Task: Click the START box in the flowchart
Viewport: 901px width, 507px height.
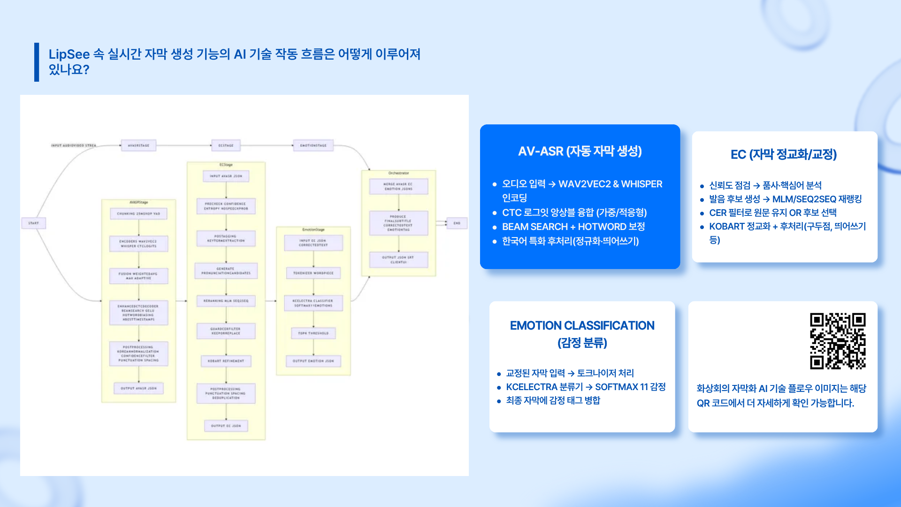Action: (x=33, y=223)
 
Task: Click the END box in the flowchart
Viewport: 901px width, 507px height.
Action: (x=457, y=223)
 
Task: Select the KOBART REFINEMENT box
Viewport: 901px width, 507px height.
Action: (x=226, y=361)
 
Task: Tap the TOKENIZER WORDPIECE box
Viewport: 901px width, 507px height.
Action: (x=313, y=273)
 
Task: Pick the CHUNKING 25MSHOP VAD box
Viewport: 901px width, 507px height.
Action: (x=138, y=214)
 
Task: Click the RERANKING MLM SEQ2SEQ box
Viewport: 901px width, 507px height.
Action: (x=226, y=300)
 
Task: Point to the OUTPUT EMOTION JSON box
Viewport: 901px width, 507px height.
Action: (x=313, y=361)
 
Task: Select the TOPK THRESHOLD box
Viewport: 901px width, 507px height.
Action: (x=313, y=333)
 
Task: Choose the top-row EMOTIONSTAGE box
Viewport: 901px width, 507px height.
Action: (x=313, y=146)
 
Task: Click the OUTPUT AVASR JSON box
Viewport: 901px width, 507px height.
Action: (x=138, y=388)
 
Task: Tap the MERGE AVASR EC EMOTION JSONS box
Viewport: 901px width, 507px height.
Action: (x=398, y=186)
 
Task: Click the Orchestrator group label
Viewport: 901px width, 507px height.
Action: (x=398, y=173)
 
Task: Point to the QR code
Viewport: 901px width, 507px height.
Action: (x=838, y=341)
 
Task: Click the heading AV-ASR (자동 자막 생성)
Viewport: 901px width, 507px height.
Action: (x=580, y=151)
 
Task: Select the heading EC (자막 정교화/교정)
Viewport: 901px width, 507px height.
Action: (x=784, y=154)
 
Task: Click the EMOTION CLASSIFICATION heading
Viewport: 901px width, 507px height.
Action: (x=582, y=326)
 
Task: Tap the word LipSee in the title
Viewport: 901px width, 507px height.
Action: (x=69, y=54)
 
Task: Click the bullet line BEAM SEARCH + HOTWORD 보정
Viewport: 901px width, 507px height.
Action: (x=573, y=227)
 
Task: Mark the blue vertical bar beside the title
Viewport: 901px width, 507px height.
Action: (x=37, y=62)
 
